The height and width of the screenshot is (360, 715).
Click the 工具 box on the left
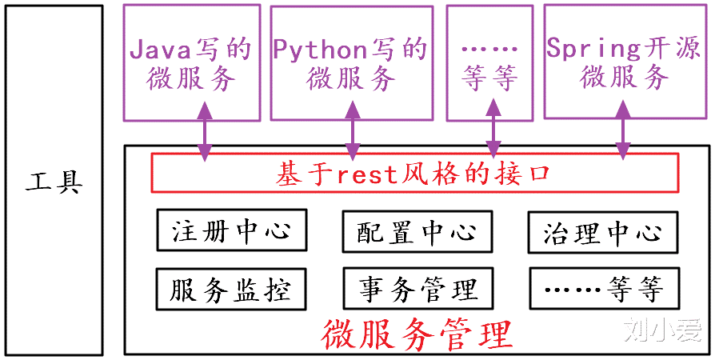tap(54, 181)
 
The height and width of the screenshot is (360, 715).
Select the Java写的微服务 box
tap(191, 62)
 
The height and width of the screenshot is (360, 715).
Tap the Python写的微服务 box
tap(350, 62)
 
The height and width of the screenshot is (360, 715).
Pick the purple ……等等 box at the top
tap(490, 62)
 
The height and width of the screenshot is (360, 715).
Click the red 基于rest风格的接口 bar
tap(414, 173)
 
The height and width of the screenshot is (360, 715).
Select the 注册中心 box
tap(229, 232)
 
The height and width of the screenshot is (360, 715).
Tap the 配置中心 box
tap(416, 232)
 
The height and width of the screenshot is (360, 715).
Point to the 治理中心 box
tap(602, 233)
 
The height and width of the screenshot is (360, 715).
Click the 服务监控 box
tap(229, 289)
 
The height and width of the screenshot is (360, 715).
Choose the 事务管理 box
tap(416, 289)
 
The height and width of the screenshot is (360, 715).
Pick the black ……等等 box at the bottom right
tap(602, 289)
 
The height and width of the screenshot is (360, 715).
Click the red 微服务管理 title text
tap(416, 334)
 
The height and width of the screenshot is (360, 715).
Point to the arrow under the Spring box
tap(622, 136)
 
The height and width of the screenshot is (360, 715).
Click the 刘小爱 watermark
tap(663, 330)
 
